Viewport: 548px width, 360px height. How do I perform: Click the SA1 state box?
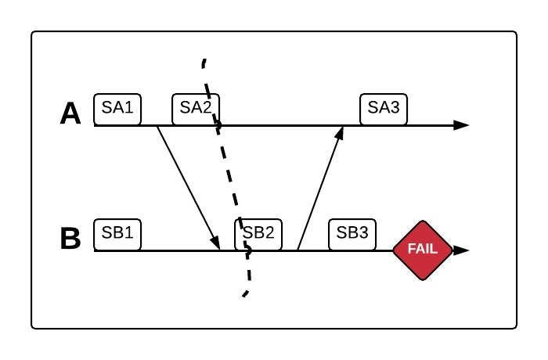[117, 109]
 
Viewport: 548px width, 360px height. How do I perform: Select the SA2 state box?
[196, 109]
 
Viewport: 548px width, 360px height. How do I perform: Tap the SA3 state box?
[384, 109]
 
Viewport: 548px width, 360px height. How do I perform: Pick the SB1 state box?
[117, 234]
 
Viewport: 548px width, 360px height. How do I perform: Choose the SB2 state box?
[258, 234]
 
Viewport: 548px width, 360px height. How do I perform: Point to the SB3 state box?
[352, 234]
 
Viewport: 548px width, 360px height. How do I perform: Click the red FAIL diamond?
[423, 250]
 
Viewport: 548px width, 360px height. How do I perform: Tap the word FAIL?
[423, 250]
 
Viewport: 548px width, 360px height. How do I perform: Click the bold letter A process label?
[70, 114]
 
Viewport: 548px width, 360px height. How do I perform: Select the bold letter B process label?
[70, 239]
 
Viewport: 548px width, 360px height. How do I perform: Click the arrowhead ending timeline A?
[462, 125]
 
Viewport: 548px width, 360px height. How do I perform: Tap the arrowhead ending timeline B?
[462, 250]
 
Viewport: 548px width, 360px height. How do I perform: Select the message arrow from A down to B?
[188, 186]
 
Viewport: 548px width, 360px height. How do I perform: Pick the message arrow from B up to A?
[319, 188]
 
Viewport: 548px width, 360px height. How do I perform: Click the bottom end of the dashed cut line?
[244, 296]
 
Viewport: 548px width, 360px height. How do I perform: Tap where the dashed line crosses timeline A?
[218, 125]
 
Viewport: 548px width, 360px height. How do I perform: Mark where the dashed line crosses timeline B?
[247, 250]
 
